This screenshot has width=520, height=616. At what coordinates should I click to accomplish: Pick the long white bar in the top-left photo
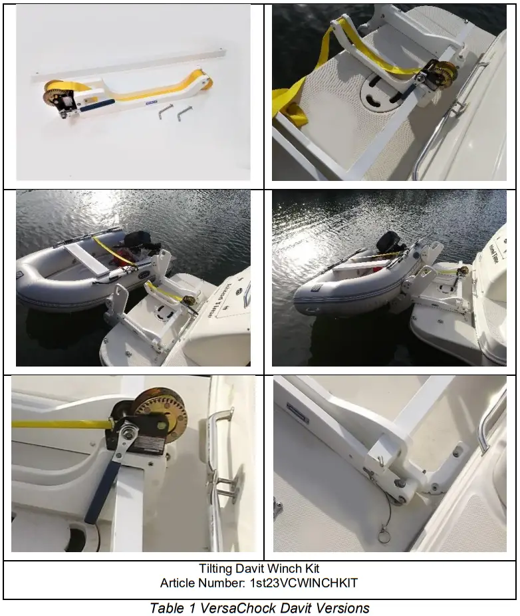pos(133,61)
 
